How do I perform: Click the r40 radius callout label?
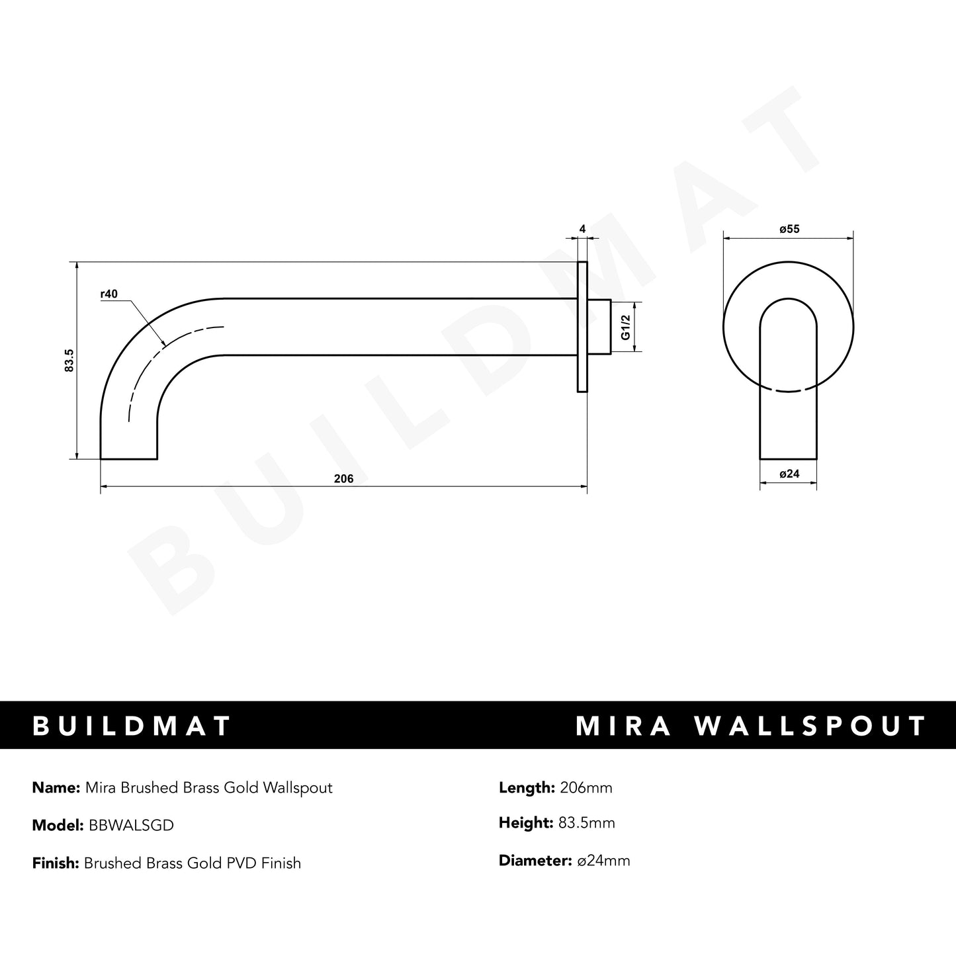[x=109, y=294]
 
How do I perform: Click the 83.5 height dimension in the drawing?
[x=69, y=361]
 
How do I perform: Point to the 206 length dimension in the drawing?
[x=343, y=479]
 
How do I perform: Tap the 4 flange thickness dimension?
[x=582, y=230]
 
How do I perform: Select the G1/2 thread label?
[x=625, y=327]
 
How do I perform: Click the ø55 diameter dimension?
[x=789, y=230]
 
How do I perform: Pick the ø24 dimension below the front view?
[x=789, y=474]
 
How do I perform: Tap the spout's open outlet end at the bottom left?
[x=128, y=456]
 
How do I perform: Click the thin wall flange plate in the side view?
[x=582, y=327]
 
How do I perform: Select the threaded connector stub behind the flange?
[x=599, y=327]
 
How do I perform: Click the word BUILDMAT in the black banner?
[x=132, y=726]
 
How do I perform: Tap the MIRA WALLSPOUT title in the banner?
[x=750, y=726]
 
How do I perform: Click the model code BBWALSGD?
[x=128, y=825]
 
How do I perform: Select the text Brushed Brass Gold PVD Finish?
[x=192, y=863]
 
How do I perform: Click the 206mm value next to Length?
[x=586, y=787]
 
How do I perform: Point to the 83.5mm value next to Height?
[x=586, y=823]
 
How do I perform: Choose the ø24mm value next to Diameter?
[x=603, y=861]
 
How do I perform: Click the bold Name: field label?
[x=56, y=787]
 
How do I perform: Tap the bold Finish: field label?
[x=56, y=863]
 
